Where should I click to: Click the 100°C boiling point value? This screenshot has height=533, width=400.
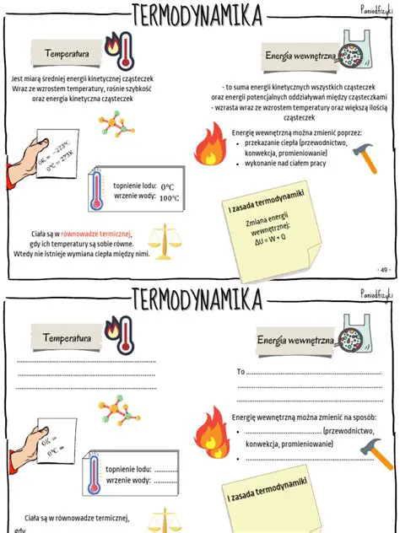pos(169,198)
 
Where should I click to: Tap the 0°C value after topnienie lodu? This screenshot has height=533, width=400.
pos(167,186)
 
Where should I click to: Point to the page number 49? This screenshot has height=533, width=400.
pos(384,269)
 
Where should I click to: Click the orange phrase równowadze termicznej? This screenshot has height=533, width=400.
pos(96,234)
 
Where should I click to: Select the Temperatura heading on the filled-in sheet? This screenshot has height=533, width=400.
pos(68,54)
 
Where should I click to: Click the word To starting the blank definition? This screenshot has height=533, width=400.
pos(241,371)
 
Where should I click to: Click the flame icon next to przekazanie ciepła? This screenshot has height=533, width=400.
pos(209,144)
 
